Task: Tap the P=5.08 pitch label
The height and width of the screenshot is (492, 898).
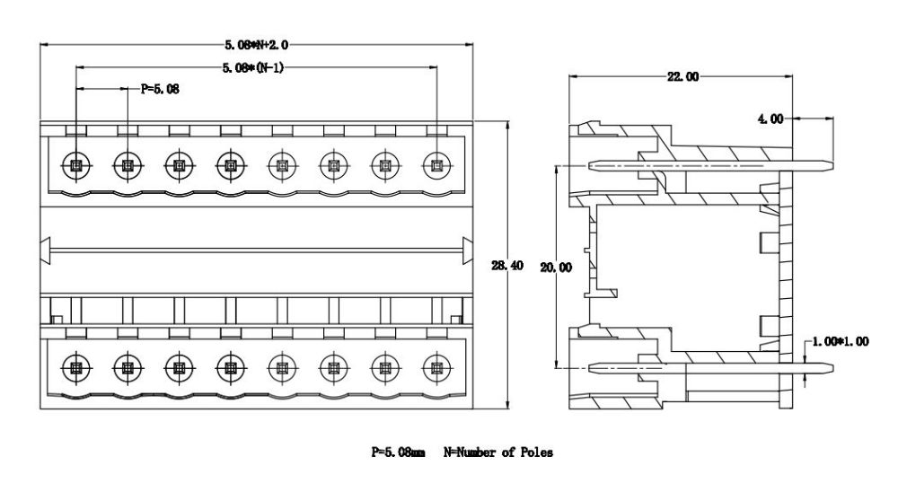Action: tap(160, 89)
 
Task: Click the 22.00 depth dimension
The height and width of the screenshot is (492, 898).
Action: tap(682, 77)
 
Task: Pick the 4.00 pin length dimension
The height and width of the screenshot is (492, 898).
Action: tap(770, 118)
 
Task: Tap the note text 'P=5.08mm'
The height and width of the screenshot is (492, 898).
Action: tap(398, 452)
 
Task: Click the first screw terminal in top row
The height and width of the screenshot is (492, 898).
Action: tap(75, 165)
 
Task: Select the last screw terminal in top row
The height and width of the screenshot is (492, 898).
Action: tap(436, 165)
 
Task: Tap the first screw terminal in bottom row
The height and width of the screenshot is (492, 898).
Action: tap(75, 367)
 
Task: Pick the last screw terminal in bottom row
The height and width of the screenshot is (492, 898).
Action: tap(436, 367)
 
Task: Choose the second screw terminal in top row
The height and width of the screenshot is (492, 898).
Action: tap(128, 165)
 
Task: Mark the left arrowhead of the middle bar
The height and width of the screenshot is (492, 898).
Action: tap(47, 249)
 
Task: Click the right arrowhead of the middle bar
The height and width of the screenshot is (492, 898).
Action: tap(467, 249)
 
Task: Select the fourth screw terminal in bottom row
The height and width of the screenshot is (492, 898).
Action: tap(231, 367)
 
